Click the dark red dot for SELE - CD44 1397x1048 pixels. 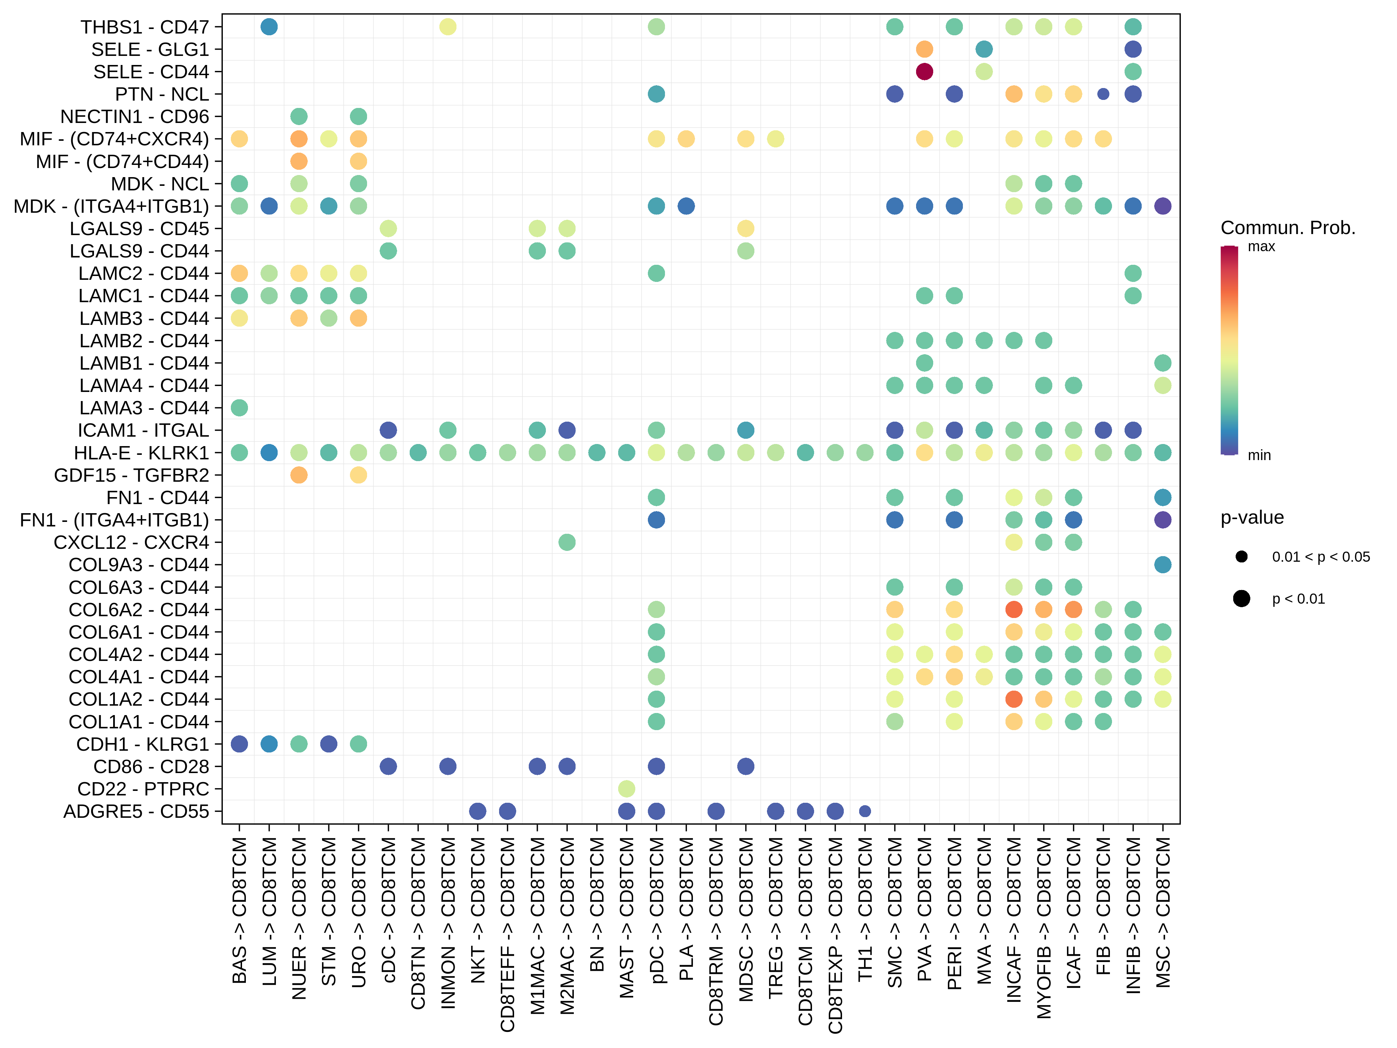pyautogui.click(x=924, y=71)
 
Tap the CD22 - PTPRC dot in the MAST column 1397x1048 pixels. pyautogui.click(x=627, y=788)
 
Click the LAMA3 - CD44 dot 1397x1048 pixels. pyautogui.click(x=239, y=407)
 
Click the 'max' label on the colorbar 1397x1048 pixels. pyautogui.click(x=1261, y=246)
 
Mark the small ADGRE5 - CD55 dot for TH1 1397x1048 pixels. pyautogui.click(x=865, y=811)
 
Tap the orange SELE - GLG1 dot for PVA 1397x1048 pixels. pyautogui.click(x=924, y=49)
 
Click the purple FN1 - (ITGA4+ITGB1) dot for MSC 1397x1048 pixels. pyautogui.click(x=1163, y=520)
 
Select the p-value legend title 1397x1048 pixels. pyautogui.click(x=1252, y=517)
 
